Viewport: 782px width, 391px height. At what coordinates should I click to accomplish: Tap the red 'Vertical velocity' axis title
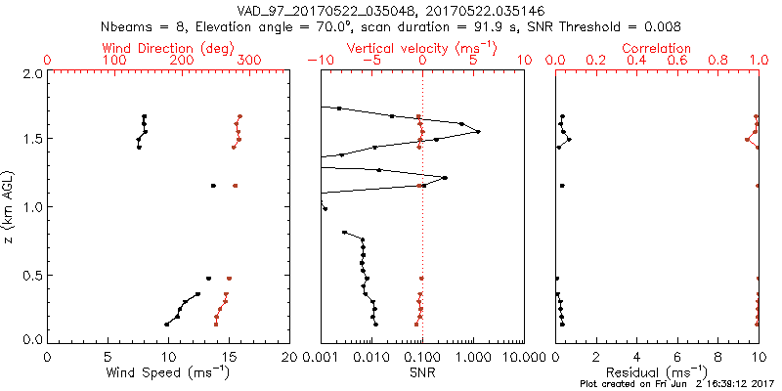pos(422,48)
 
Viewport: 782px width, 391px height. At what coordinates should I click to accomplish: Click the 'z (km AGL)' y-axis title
pos(9,206)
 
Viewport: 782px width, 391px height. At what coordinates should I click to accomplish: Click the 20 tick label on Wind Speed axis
pos(289,356)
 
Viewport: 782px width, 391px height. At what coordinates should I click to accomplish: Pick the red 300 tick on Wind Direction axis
pos(249,61)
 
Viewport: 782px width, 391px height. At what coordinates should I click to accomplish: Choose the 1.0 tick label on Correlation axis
pos(759,61)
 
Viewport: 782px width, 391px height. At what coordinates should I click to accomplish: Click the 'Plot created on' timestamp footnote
pos(674,384)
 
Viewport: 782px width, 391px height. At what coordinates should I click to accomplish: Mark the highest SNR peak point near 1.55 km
pos(478,132)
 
